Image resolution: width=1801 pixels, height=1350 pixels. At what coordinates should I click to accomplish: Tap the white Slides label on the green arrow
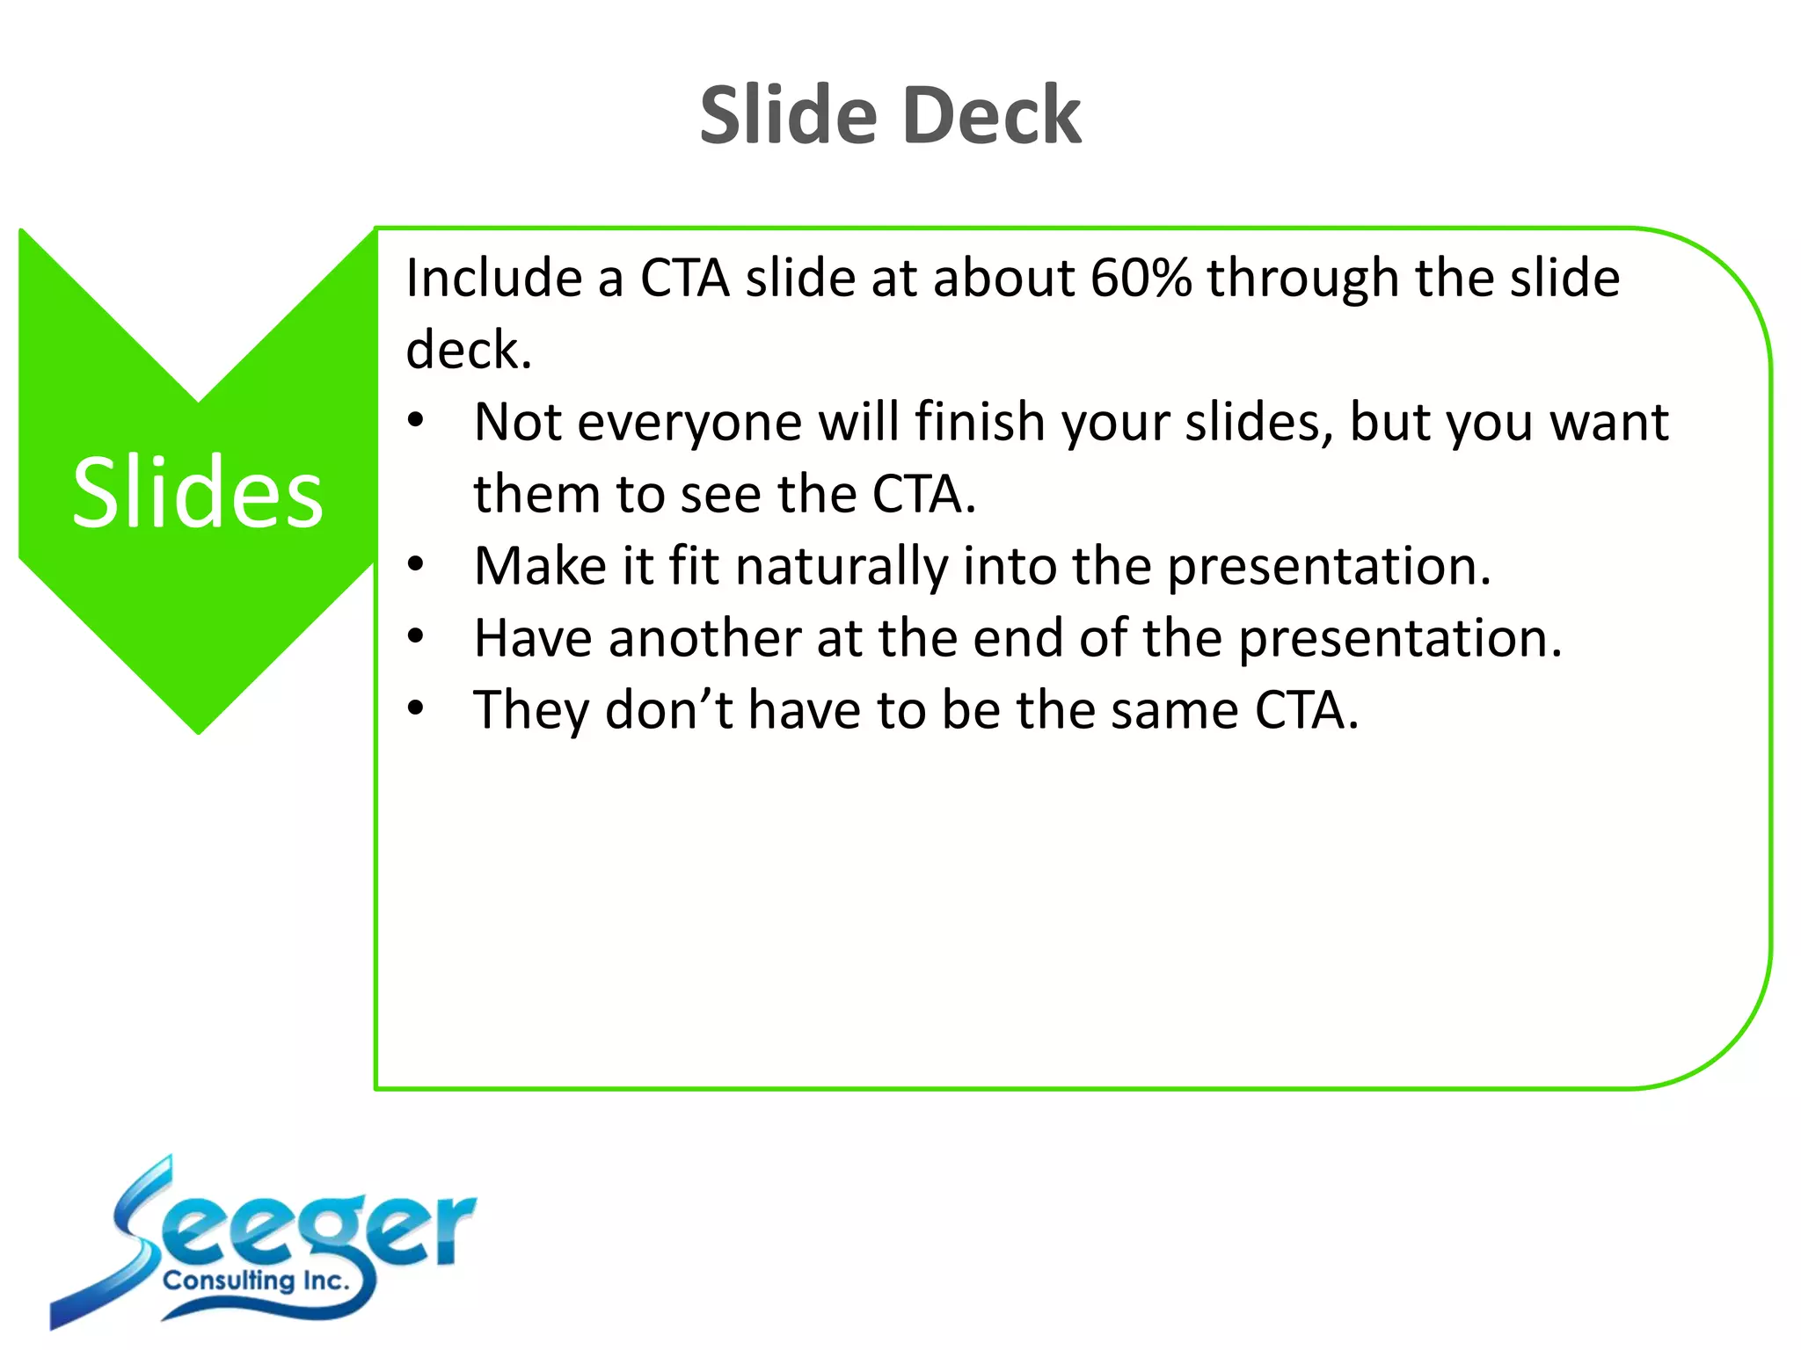point(198,493)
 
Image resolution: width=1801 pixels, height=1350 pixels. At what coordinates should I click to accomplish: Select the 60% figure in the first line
point(1141,279)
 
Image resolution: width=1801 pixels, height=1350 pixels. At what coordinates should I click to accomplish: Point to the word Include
point(493,279)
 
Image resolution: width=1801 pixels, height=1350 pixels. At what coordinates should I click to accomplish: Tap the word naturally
point(842,566)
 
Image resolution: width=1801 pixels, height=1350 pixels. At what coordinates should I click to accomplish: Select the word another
point(704,638)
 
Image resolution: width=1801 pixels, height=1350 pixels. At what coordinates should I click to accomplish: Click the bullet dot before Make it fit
point(416,563)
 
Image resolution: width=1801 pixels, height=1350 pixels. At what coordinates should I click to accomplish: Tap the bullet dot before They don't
point(416,708)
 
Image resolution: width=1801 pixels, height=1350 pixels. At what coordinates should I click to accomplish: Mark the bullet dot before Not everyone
point(416,420)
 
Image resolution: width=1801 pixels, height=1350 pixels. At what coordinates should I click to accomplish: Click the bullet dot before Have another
point(416,635)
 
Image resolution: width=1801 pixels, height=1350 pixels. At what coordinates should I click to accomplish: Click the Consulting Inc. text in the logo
point(256,1281)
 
